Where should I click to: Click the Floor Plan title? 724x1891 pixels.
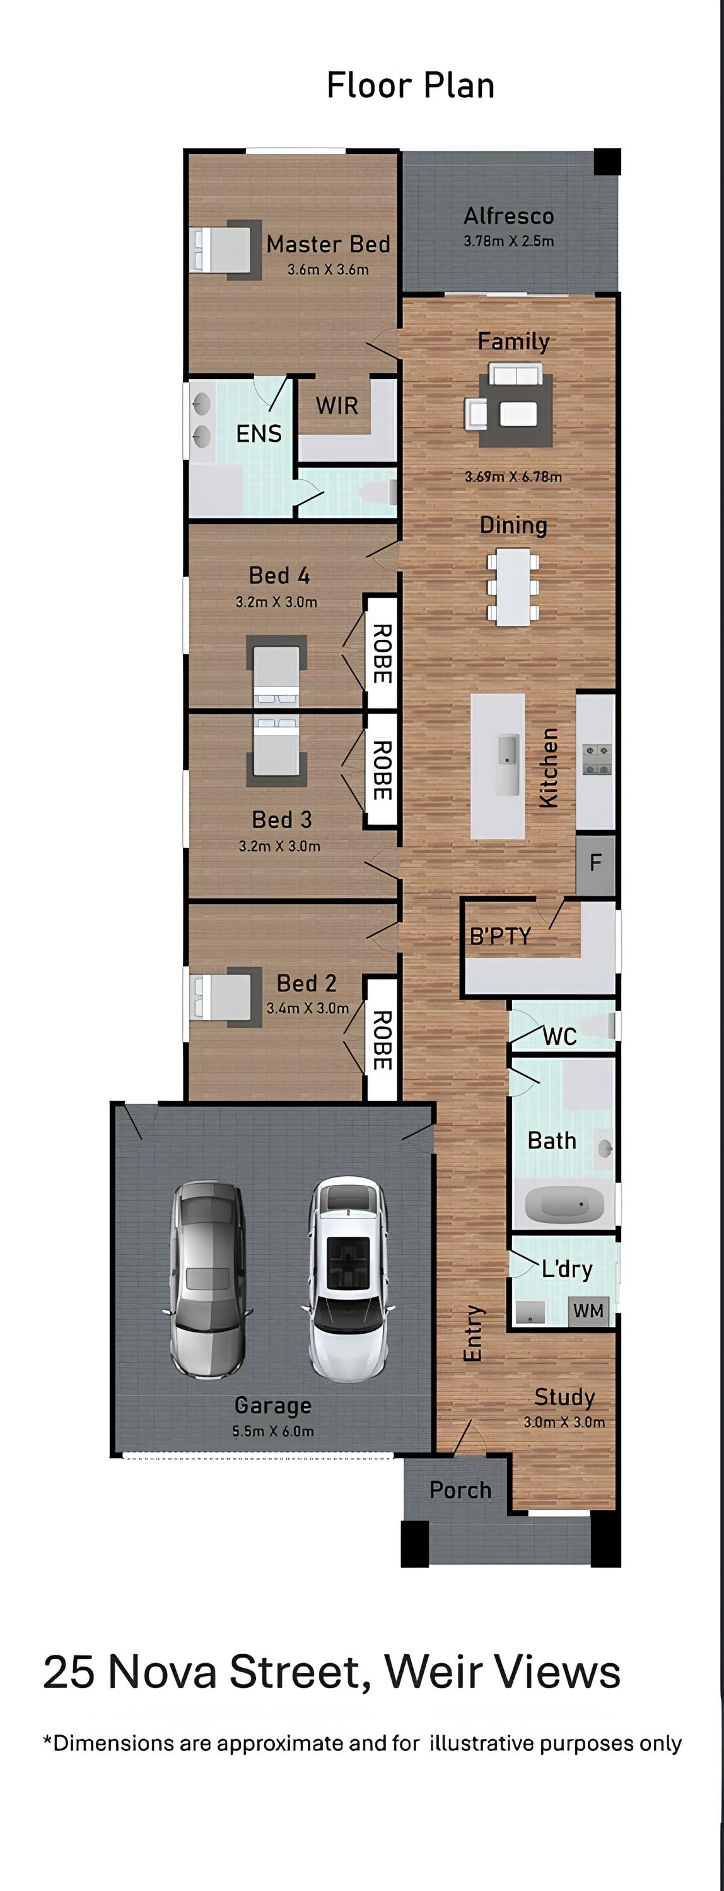pos(411,85)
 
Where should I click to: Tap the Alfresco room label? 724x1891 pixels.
pos(509,216)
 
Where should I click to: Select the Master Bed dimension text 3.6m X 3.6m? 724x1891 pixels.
pos(328,269)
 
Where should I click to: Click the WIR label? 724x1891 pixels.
pos(337,405)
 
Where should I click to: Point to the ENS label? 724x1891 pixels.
pos(259,434)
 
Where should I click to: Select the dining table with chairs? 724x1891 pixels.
pos(513,587)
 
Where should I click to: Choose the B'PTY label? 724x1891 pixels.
pos(500,936)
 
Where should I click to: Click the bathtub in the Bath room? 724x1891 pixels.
pos(564,1205)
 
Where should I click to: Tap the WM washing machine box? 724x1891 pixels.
pos(588,1310)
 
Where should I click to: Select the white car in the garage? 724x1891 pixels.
pos(347,1279)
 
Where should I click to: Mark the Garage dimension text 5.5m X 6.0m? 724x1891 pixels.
pos(273,1431)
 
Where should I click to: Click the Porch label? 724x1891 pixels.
pos(460,1489)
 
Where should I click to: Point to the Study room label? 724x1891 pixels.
pos(564,1397)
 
